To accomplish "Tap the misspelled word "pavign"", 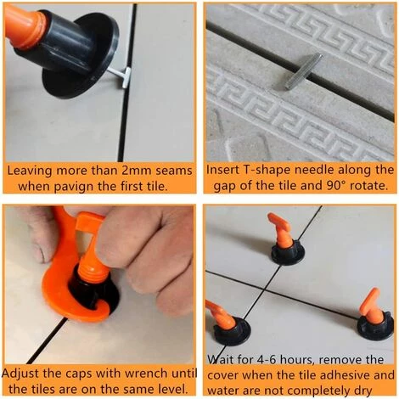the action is (75, 188).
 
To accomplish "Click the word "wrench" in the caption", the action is (146, 374).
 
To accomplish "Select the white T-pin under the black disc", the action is (121, 76).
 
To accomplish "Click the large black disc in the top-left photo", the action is (82, 57).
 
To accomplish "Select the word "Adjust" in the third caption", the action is (20, 374).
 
